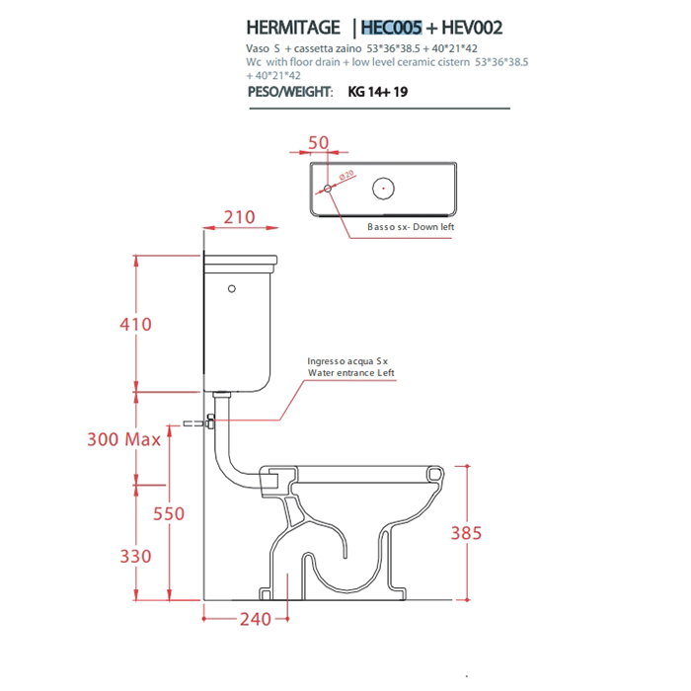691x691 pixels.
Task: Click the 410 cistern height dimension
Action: (x=136, y=325)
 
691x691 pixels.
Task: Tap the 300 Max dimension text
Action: (x=123, y=439)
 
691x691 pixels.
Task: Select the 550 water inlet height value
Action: (x=169, y=514)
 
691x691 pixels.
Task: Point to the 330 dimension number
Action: (x=136, y=556)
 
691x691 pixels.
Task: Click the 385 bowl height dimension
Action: (x=466, y=533)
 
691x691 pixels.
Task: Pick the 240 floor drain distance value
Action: (x=256, y=619)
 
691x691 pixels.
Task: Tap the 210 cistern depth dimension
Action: (x=239, y=217)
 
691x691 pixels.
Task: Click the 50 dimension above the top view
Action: (x=318, y=143)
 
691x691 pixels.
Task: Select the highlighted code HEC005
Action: (x=391, y=28)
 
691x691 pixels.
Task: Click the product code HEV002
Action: (x=472, y=28)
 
